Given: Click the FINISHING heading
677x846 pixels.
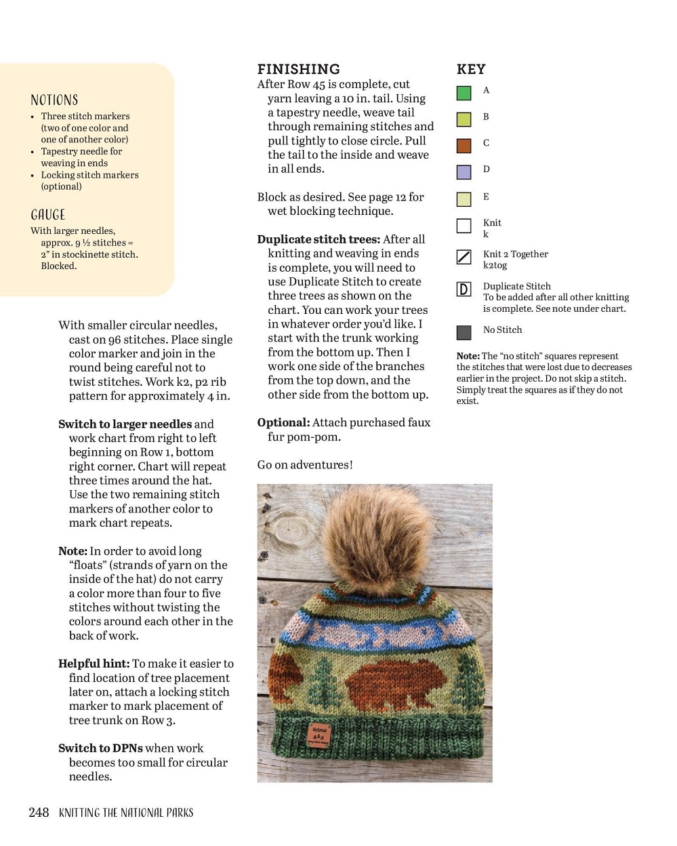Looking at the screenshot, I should click(x=298, y=69).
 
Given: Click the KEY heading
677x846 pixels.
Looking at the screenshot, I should click(x=471, y=69).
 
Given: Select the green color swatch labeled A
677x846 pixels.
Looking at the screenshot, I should click(x=464, y=93).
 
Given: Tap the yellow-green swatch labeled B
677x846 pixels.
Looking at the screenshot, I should click(x=464, y=119).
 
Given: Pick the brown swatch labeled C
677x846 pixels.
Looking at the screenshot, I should click(x=464, y=146).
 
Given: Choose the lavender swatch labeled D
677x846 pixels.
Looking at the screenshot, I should click(x=464, y=172).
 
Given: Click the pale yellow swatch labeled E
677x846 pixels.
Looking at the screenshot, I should click(x=464, y=199).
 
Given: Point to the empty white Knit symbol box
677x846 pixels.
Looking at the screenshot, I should click(x=464, y=226).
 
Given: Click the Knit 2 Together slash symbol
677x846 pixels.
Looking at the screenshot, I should click(x=464, y=257).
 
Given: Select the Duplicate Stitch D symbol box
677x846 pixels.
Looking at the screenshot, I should click(x=464, y=289).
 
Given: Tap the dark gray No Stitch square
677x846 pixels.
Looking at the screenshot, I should click(x=464, y=332).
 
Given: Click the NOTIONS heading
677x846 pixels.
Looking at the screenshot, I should click(x=54, y=100).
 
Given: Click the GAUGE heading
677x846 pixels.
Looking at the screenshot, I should click(x=48, y=215).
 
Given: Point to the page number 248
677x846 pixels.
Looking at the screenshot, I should click(x=39, y=812).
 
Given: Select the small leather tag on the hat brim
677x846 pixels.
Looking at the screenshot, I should click(x=318, y=734).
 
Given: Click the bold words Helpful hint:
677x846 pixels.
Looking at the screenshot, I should click(x=94, y=664).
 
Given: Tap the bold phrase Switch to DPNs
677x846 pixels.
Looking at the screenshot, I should click(x=100, y=748).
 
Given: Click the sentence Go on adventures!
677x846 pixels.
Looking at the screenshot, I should click(x=305, y=465).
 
